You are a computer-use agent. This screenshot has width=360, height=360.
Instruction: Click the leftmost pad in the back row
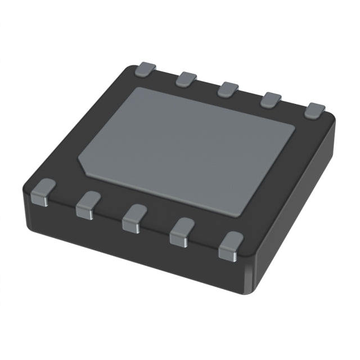(x=145, y=70)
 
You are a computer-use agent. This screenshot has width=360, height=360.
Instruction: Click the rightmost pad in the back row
(x=316, y=110)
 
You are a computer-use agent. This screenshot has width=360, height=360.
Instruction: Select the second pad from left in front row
(x=88, y=204)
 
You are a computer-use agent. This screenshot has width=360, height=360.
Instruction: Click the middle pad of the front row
(x=134, y=217)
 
